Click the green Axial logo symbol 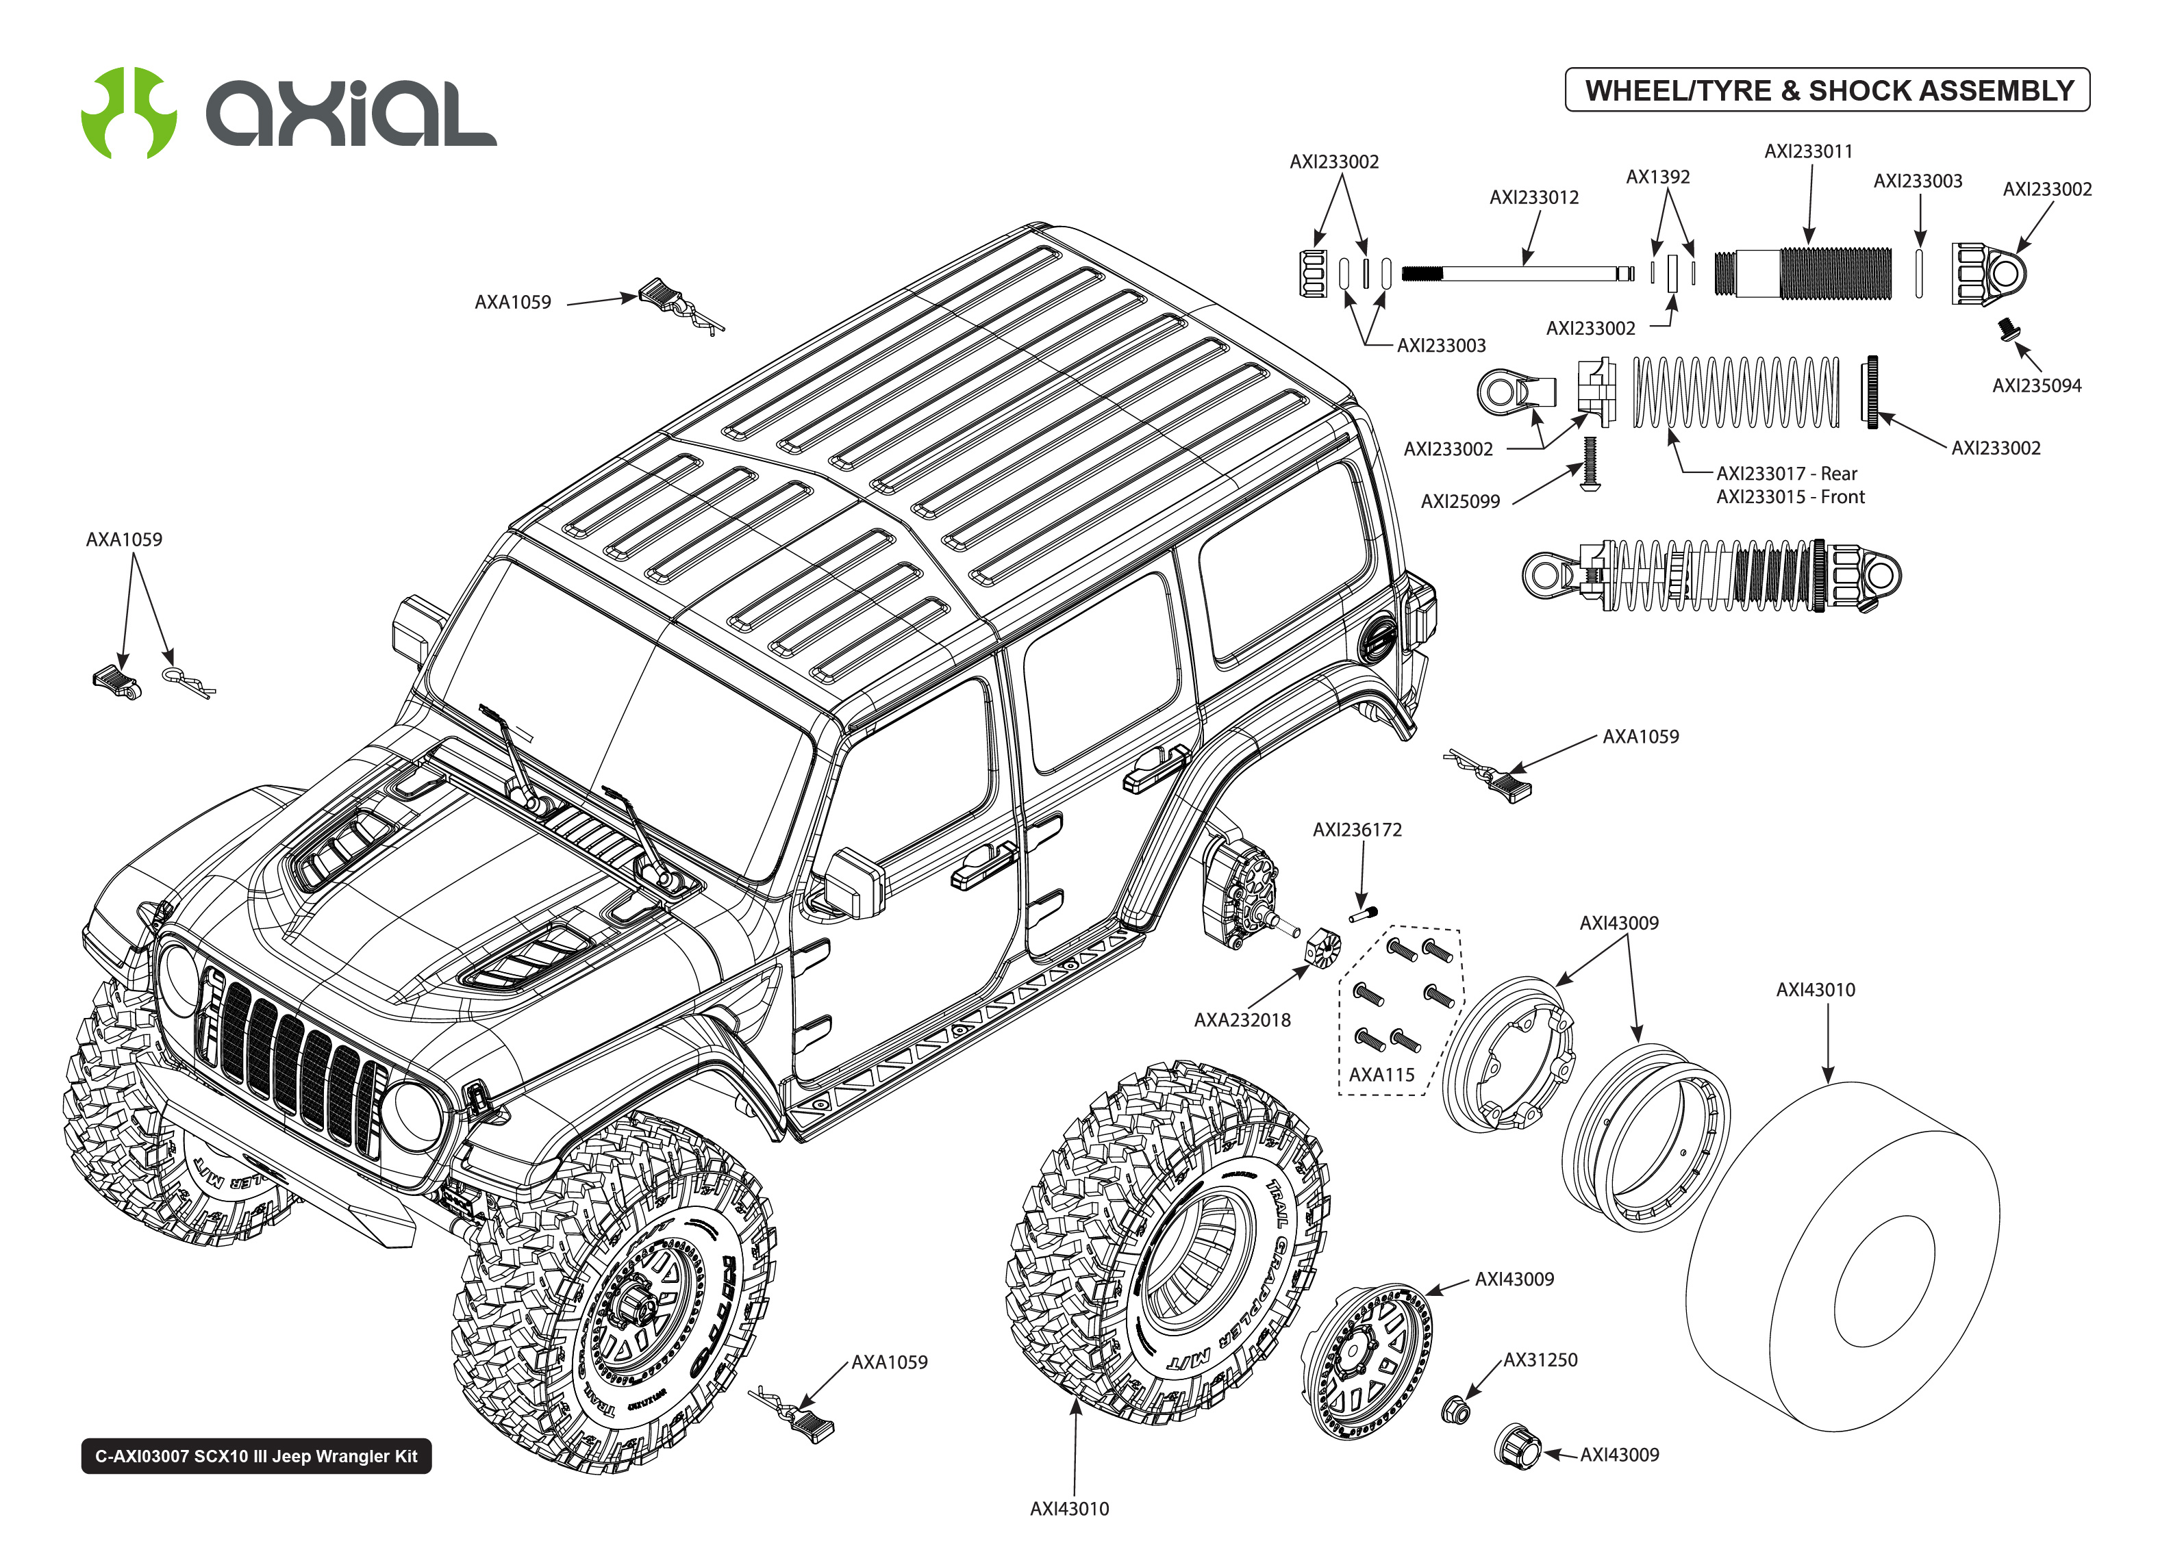[129, 112]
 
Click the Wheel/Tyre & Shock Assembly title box [1827, 90]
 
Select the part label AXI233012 [1533, 197]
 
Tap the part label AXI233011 [1808, 151]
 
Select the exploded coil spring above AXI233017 [1735, 392]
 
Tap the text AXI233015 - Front [1790, 497]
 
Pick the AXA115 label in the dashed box [1381, 1075]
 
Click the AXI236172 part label [1356, 829]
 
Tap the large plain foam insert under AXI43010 [1841, 1258]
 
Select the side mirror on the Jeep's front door [854, 882]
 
